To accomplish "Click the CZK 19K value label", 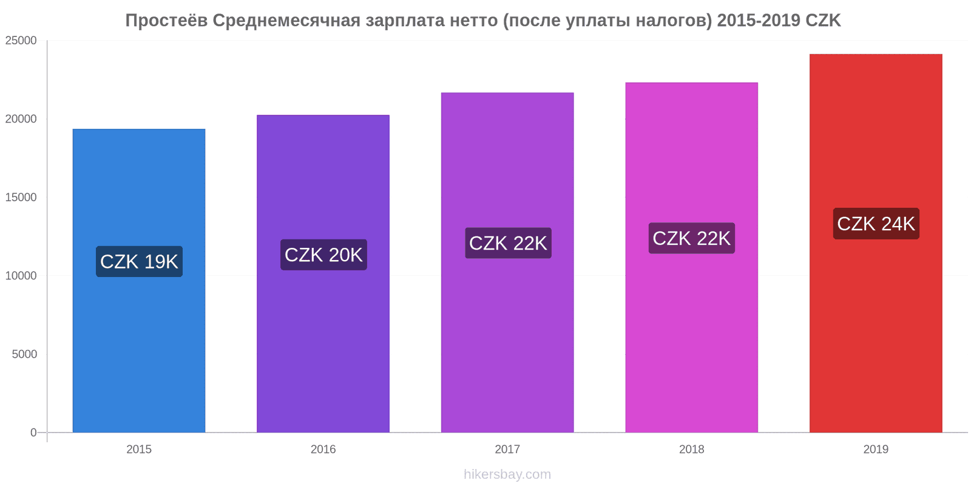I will [x=139, y=262].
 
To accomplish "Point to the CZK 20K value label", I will [x=323, y=255].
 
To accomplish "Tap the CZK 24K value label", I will [x=876, y=224].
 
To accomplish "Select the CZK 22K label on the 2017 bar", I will [x=508, y=243].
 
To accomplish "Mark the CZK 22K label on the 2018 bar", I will [x=691, y=238].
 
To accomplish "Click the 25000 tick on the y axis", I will [x=21, y=41].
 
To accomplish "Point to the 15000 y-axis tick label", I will [x=21, y=197].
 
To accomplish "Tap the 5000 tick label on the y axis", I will [x=24, y=354].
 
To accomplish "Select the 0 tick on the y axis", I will [x=34, y=433].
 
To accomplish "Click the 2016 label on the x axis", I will [x=323, y=450].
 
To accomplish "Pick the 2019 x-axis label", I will [x=876, y=450].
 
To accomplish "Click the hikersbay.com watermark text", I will [x=507, y=474].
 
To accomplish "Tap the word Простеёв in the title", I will [x=166, y=21].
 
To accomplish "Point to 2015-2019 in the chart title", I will [x=759, y=21].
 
